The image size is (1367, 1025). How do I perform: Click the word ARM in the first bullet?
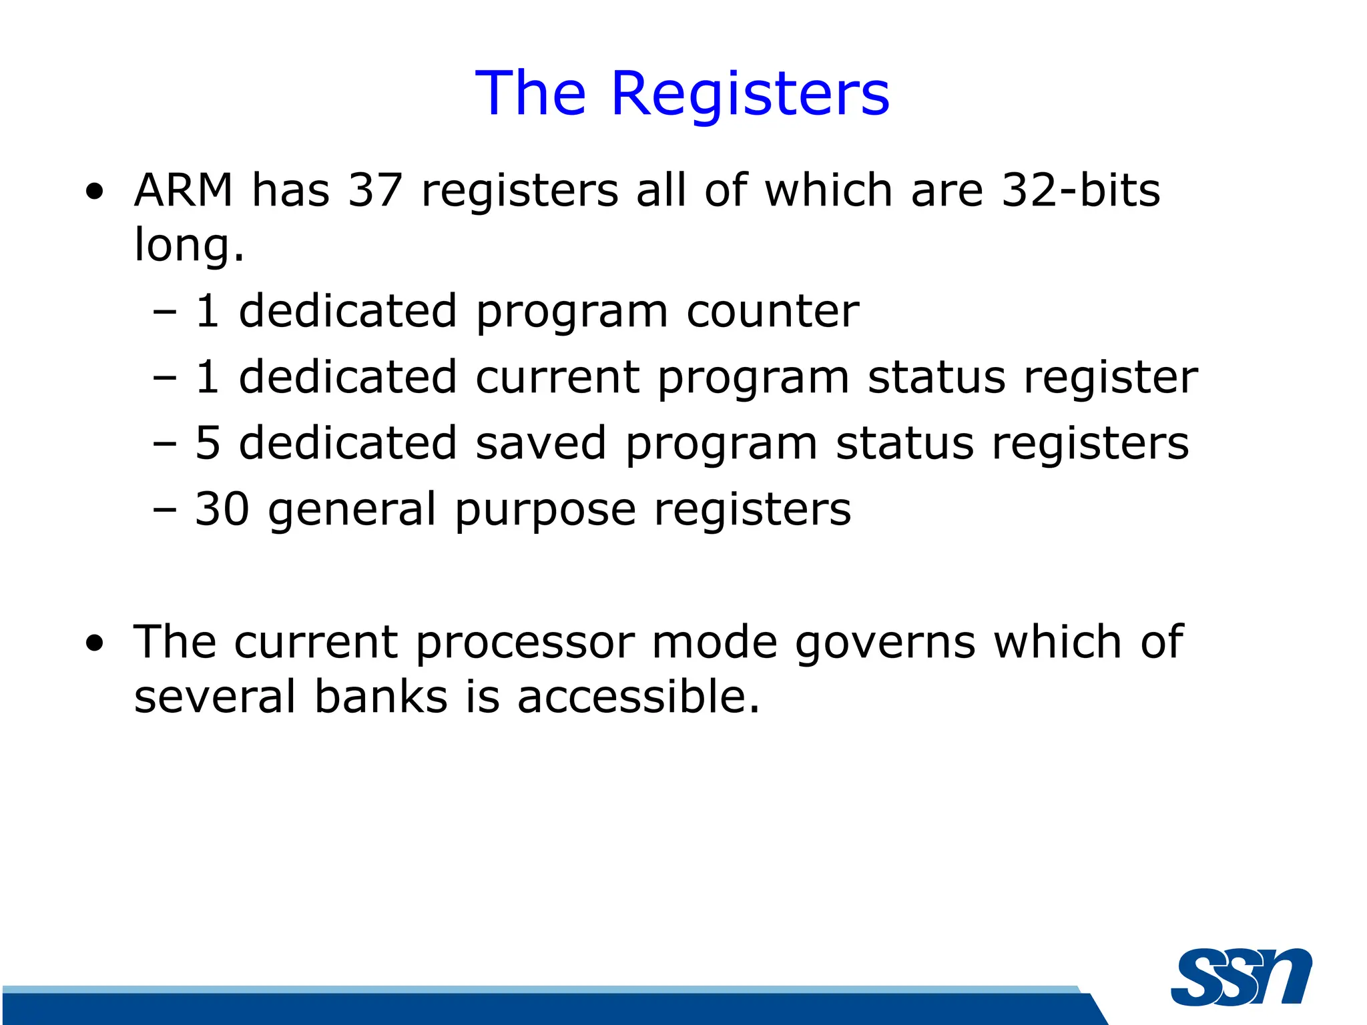click(x=184, y=191)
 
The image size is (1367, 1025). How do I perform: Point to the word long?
click(x=189, y=246)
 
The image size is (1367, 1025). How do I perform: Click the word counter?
click(x=772, y=312)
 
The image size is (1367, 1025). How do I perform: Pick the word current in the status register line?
click(x=557, y=378)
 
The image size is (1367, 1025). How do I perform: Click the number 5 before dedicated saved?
click(x=208, y=443)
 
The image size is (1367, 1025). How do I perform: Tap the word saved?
click(x=541, y=443)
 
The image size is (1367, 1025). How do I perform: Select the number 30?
click(x=222, y=509)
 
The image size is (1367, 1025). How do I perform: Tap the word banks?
click(x=380, y=697)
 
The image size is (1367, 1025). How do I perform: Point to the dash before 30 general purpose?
click(x=164, y=510)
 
